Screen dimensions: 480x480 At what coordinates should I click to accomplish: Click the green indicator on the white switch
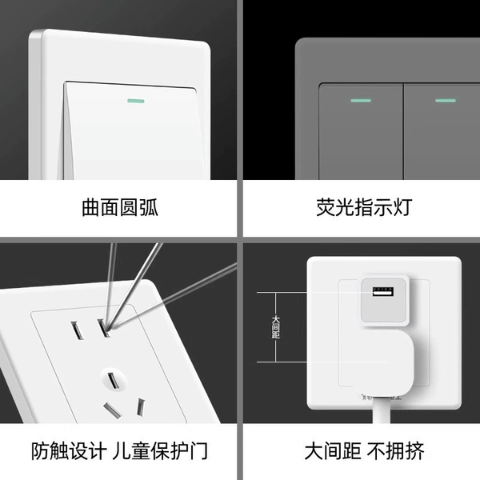(x=136, y=101)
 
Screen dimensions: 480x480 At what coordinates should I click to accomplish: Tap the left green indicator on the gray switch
(x=361, y=101)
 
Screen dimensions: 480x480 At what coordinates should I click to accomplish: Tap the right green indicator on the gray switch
(x=446, y=100)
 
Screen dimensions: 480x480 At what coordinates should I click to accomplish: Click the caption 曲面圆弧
(x=120, y=207)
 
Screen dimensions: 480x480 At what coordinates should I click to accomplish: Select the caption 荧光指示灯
(x=364, y=207)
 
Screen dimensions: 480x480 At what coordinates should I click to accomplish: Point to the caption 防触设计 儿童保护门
(x=119, y=450)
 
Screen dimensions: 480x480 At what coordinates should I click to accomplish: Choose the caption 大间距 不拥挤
(x=364, y=450)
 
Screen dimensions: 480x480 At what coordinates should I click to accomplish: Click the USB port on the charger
(x=383, y=291)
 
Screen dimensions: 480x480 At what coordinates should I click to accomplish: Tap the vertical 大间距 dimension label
(x=276, y=327)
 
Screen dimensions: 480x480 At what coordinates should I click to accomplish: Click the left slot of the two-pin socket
(x=77, y=330)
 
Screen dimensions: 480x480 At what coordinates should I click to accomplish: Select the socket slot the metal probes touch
(x=103, y=328)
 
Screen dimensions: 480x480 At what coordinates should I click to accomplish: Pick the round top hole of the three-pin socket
(x=114, y=380)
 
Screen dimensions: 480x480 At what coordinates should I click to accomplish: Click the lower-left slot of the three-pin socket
(x=112, y=410)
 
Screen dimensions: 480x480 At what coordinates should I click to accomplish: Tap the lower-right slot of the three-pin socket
(x=141, y=407)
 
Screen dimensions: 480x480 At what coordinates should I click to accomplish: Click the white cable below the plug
(x=382, y=410)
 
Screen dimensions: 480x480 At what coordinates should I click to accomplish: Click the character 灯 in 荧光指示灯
(x=403, y=207)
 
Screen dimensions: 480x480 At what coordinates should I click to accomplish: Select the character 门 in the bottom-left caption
(x=199, y=451)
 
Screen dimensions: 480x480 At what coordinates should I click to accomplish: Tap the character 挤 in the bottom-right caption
(x=415, y=451)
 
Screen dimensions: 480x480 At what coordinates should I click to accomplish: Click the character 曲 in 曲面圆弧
(x=91, y=207)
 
